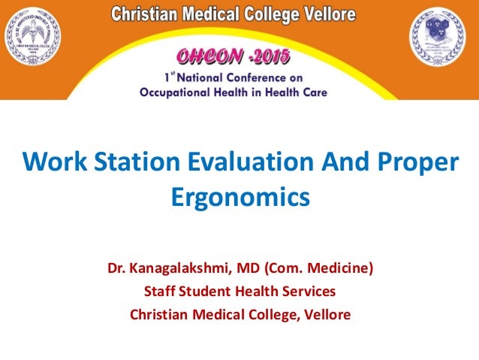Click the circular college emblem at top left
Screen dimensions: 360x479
click(33, 40)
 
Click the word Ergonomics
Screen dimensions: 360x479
click(239, 198)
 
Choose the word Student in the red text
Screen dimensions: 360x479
click(213, 290)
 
